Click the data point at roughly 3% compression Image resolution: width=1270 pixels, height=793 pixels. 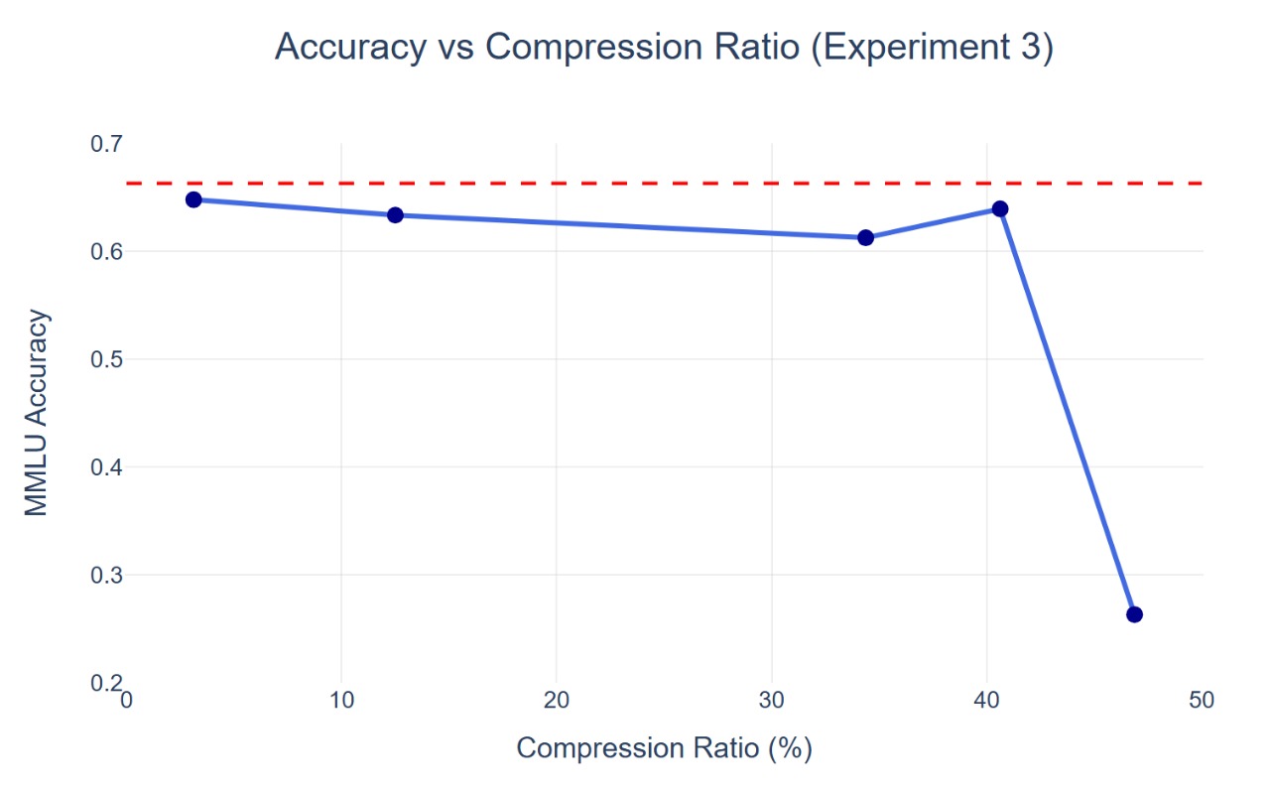point(193,199)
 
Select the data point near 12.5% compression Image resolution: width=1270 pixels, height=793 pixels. point(395,214)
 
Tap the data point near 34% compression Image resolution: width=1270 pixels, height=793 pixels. point(865,237)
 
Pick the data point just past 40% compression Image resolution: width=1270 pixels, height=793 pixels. point(1000,208)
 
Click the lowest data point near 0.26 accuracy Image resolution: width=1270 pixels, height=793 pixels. point(1135,614)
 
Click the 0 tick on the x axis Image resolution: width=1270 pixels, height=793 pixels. point(126,701)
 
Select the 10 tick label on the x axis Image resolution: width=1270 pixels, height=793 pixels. point(341,701)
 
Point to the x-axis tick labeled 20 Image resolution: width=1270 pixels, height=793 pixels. point(557,701)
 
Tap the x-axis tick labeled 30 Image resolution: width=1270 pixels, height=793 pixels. point(772,701)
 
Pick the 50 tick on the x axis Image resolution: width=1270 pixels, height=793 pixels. point(1202,701)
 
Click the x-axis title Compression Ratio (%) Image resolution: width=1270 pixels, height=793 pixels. point(665,747)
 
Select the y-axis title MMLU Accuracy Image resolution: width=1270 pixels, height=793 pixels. point(37,413)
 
